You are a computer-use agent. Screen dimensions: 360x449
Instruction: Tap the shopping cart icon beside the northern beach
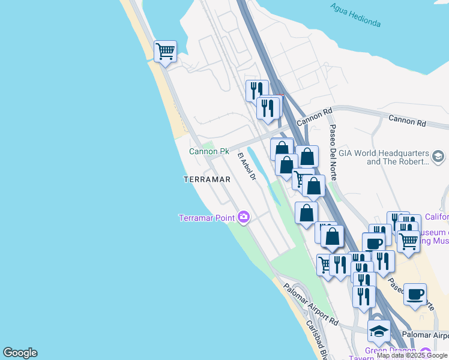165,51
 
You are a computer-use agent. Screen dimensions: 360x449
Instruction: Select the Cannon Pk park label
209,152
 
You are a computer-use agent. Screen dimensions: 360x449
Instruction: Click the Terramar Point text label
207,217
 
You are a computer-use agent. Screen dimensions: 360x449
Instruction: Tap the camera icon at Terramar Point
243,217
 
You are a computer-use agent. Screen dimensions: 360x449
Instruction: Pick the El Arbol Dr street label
247,167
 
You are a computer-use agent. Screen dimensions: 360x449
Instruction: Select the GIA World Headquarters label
384,157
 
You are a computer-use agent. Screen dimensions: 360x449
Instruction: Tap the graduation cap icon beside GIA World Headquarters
438,157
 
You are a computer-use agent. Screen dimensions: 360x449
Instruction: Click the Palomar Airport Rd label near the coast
311,305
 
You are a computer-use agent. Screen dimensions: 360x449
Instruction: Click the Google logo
20,353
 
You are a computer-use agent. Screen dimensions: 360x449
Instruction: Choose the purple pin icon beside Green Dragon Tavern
426,352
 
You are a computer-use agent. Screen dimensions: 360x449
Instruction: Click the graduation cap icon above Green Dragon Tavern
379,331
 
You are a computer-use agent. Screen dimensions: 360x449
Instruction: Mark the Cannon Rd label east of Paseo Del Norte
407,120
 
